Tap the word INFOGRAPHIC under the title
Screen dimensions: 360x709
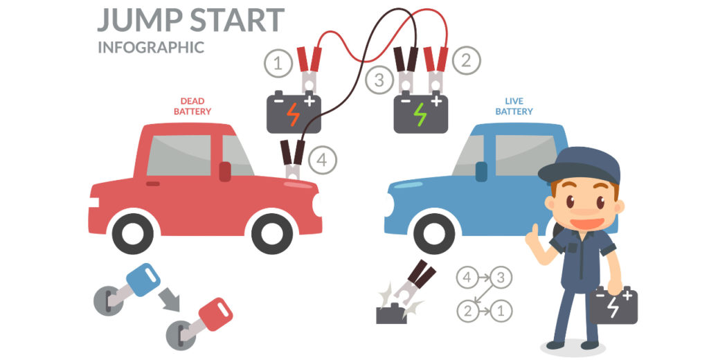151,48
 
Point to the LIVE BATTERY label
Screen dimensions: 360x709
514,106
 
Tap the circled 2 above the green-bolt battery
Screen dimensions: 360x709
466,61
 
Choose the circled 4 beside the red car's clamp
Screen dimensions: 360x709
321,161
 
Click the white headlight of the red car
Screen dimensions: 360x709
317,205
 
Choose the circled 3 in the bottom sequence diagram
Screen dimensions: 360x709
500,278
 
